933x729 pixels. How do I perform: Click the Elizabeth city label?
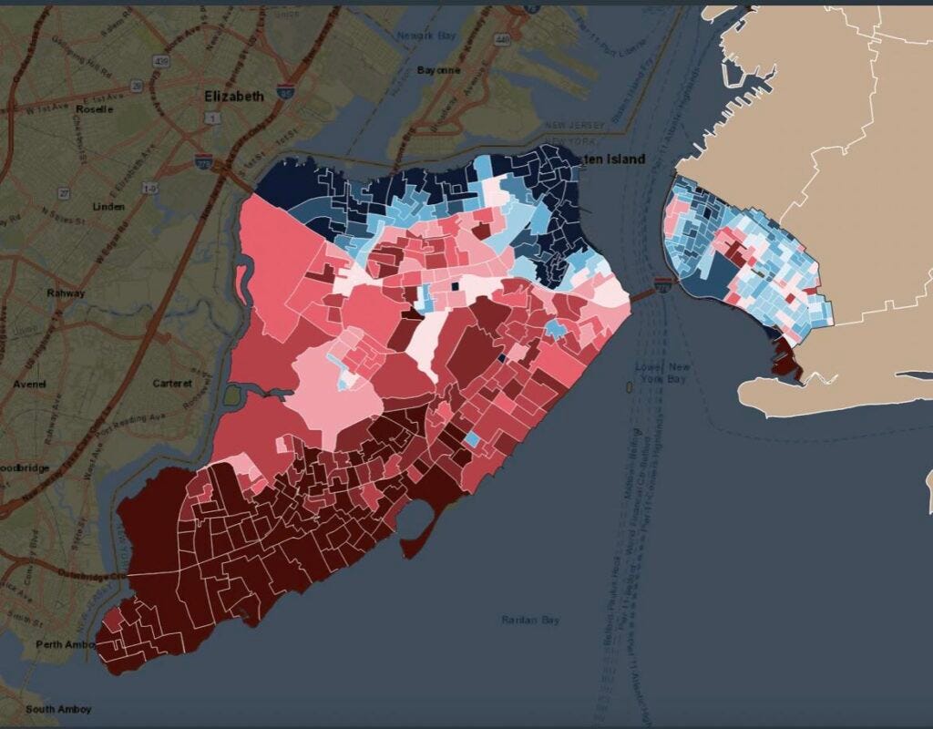[234, 96]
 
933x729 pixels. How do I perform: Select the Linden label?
[109, 207]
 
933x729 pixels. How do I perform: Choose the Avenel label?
[29, 384]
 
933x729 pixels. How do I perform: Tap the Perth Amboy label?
[62, 644]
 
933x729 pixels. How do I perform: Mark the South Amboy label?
[57, 709]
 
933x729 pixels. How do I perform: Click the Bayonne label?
[438, 70]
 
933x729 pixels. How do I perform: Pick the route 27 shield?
[65, 193]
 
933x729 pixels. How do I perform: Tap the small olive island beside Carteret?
[231, 395]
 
